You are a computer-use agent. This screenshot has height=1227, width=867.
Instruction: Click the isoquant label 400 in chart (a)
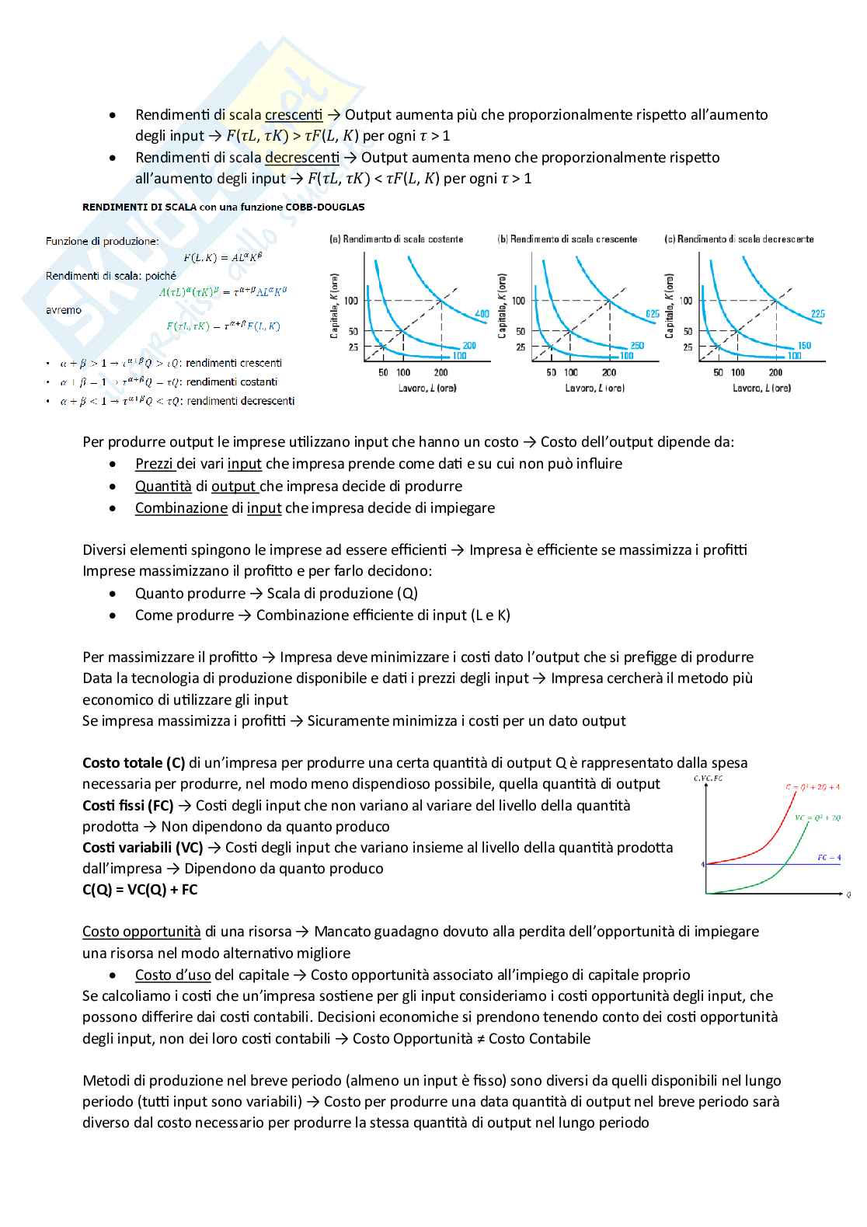click(x=482, y=314)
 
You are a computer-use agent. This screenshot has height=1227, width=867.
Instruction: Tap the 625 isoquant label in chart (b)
click(x=652, y=314)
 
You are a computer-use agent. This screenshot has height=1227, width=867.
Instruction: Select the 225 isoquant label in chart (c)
click(x=817, y=314)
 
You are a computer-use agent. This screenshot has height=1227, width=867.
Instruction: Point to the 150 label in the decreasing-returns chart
click(x=804, y=345)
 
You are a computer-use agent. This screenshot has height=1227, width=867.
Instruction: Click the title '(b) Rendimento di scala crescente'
click(x=567, y=239)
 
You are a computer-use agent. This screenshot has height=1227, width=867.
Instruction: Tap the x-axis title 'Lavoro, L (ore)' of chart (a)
click(x=427, y=388)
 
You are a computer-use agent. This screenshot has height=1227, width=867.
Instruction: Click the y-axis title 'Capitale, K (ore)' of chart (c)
click(x=670, y=305)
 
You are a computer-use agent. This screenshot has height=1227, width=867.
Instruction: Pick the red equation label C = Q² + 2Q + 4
click(x=812, y=787)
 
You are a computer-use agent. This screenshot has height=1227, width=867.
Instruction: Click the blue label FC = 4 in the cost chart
click(x=829, y=858)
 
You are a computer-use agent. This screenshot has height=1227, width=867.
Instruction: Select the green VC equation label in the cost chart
click(x=817, y=817)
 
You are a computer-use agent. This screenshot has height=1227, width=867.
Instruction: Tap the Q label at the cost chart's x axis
click(x=848, y=895)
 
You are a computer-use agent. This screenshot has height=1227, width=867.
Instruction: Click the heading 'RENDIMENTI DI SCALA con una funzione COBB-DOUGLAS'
click(x=223, y=207)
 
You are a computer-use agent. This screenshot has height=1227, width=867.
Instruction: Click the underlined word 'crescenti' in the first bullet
click(x=294, y=115)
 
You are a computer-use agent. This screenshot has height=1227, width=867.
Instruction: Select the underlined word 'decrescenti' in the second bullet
click(x=302, y=158)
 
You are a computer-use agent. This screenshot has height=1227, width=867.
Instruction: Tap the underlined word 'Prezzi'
click(x=154, y=464)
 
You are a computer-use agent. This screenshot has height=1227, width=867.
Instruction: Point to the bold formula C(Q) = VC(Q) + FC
click(x=140, y=890)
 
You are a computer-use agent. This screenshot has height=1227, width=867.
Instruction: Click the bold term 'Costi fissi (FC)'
click(x=127, y=806)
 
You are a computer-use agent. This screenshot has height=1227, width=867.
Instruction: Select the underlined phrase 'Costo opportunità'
click(x=141, y=932)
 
